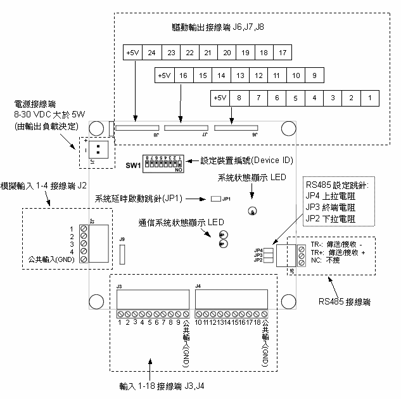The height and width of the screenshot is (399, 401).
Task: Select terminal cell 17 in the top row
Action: click(x=283, y=52)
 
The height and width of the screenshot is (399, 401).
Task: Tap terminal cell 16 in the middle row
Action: click(x=182, y=75)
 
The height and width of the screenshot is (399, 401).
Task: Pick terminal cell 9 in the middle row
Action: click(x=314, y=75)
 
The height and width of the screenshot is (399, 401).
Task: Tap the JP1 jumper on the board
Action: click(x=215, y=199)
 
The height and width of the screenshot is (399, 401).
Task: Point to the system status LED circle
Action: click(x=253, y=212)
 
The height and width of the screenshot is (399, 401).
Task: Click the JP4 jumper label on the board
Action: click(x=258, y=250)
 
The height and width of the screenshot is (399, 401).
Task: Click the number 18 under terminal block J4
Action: click(x=257, y=322)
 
